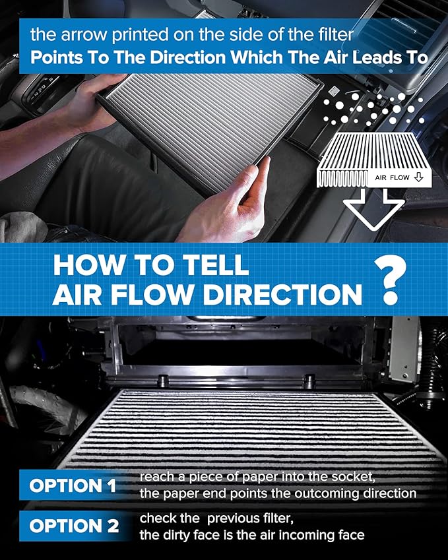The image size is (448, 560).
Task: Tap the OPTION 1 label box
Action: (73, 486)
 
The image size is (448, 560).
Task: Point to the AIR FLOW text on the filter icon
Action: (394, 178)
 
